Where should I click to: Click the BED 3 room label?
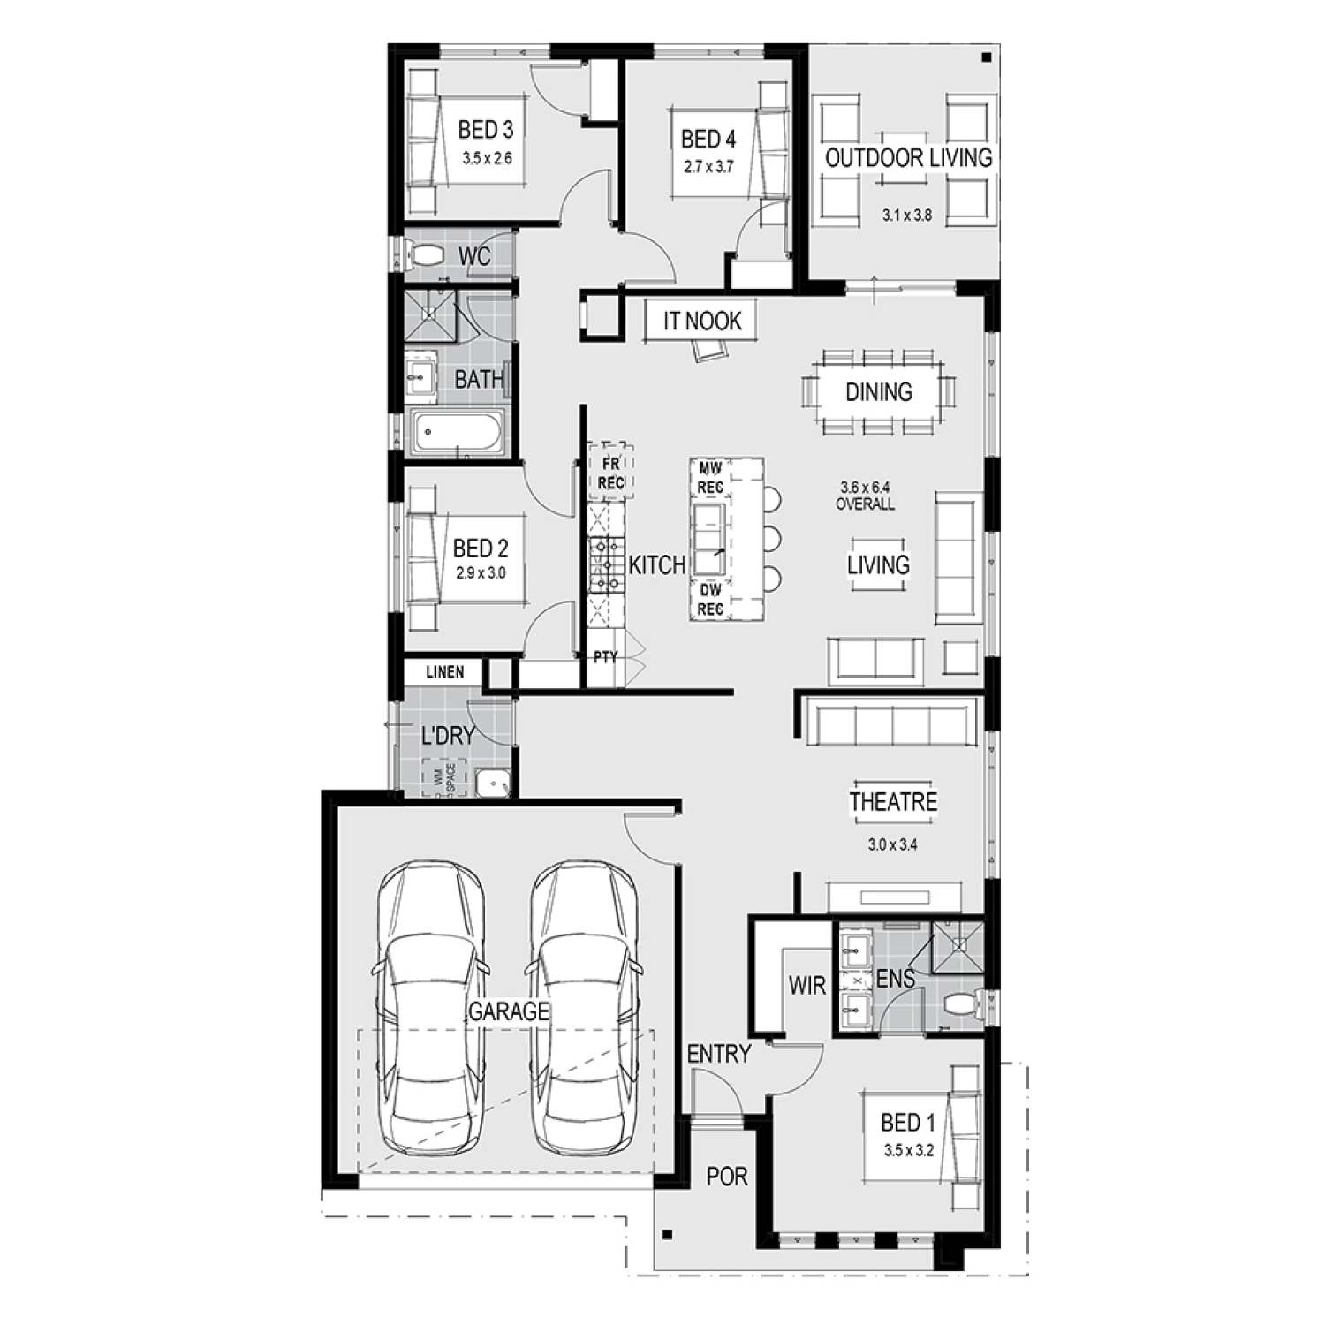coord(485,130)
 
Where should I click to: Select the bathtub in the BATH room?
coord(456,433)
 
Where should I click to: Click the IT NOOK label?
coord(702,321)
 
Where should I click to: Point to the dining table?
coord(879,391)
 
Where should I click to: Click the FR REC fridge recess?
coord(610,473)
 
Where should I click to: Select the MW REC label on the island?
coord(710,478)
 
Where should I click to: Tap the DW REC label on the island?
coord(710,600)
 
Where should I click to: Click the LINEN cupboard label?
coord(444,672)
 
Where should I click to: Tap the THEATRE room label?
coord(893,802)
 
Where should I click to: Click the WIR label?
coord(806,986)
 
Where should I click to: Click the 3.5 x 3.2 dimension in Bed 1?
coord(908,1151)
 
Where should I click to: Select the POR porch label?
coord(727,1177)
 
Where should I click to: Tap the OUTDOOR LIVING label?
coord(909,158)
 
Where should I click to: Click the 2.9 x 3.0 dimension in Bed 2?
coord(481,573)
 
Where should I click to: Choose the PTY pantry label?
coord(605,657)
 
